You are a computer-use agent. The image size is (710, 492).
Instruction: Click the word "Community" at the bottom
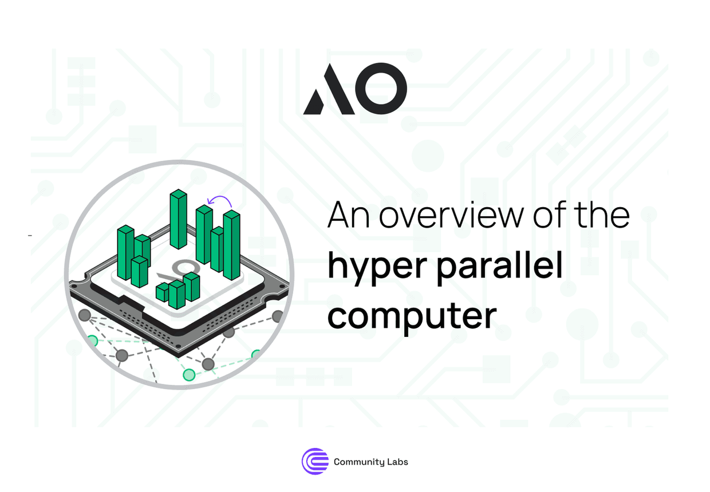click(x=358, y=462)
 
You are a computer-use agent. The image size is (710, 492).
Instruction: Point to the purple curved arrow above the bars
click(x=221, y=201)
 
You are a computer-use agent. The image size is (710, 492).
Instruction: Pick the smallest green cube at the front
click(x=163, y=292)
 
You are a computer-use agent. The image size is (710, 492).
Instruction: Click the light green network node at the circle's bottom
click(x=188, y=375)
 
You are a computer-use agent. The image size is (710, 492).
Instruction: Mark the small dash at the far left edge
click(x=30, y=235)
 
